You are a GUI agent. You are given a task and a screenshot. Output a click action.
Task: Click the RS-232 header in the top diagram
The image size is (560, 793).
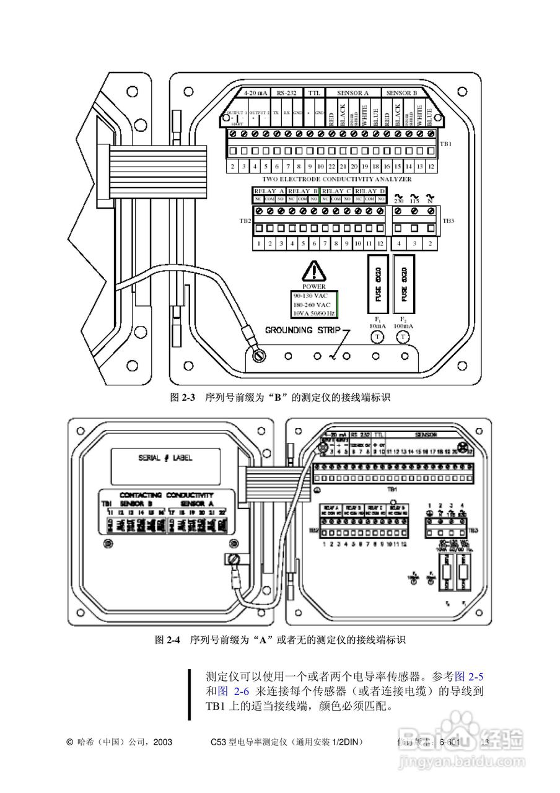click(286, 93)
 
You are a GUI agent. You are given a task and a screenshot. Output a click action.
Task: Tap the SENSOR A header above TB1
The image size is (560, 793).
click(352, 93)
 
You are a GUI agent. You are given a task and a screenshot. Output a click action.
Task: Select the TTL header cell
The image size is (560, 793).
click(315, 93)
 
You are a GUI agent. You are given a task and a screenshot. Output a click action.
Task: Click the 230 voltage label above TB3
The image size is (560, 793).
click(400, 201)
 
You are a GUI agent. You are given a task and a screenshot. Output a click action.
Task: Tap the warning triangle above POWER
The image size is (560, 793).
click(313, 271)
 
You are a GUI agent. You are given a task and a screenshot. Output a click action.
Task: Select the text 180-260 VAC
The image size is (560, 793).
click(312, 305)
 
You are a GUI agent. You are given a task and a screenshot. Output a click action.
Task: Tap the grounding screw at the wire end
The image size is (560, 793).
click(258, 356)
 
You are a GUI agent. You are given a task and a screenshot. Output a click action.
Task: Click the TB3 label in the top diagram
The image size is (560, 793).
click(447, 221)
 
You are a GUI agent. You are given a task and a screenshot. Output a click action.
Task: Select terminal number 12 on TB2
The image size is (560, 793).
click(380, 244)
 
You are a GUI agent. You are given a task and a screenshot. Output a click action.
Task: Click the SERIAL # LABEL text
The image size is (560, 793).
click(165, 458)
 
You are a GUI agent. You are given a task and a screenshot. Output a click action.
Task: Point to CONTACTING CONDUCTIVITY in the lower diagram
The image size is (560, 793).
click(166, 495)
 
